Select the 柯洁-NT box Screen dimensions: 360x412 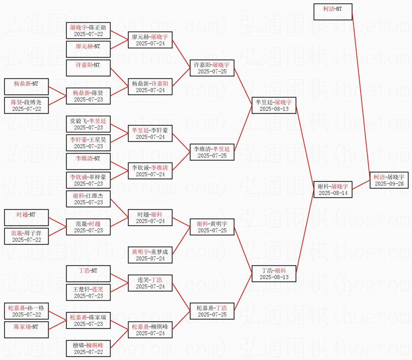[x=332, y=12]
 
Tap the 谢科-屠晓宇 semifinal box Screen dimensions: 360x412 [x=332, y=189]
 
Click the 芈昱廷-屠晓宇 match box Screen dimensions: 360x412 [x=274, y=105]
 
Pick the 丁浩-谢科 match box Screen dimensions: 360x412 [x=274, y=273]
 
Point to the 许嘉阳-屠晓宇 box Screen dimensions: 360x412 [x=212, y=68]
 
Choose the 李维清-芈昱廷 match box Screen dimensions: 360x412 [x=212, y=152]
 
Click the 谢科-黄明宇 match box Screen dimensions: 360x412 [x=212, y=227]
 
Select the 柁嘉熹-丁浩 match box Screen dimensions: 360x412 [x=212, y=311]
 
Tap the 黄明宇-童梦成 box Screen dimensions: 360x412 [x=150, y=255]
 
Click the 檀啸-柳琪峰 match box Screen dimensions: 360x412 [x=88, y=348]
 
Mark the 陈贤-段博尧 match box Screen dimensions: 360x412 [x=26, y=105]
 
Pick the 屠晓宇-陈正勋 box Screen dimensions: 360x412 [x=88, y=30]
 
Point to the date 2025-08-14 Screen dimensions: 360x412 [x=332, y=193]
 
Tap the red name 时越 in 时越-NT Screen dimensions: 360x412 [x=22, y=215]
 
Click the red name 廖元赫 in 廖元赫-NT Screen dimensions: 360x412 [x=84, y=46]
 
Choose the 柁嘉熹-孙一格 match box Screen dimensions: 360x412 [x=26, y=311]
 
